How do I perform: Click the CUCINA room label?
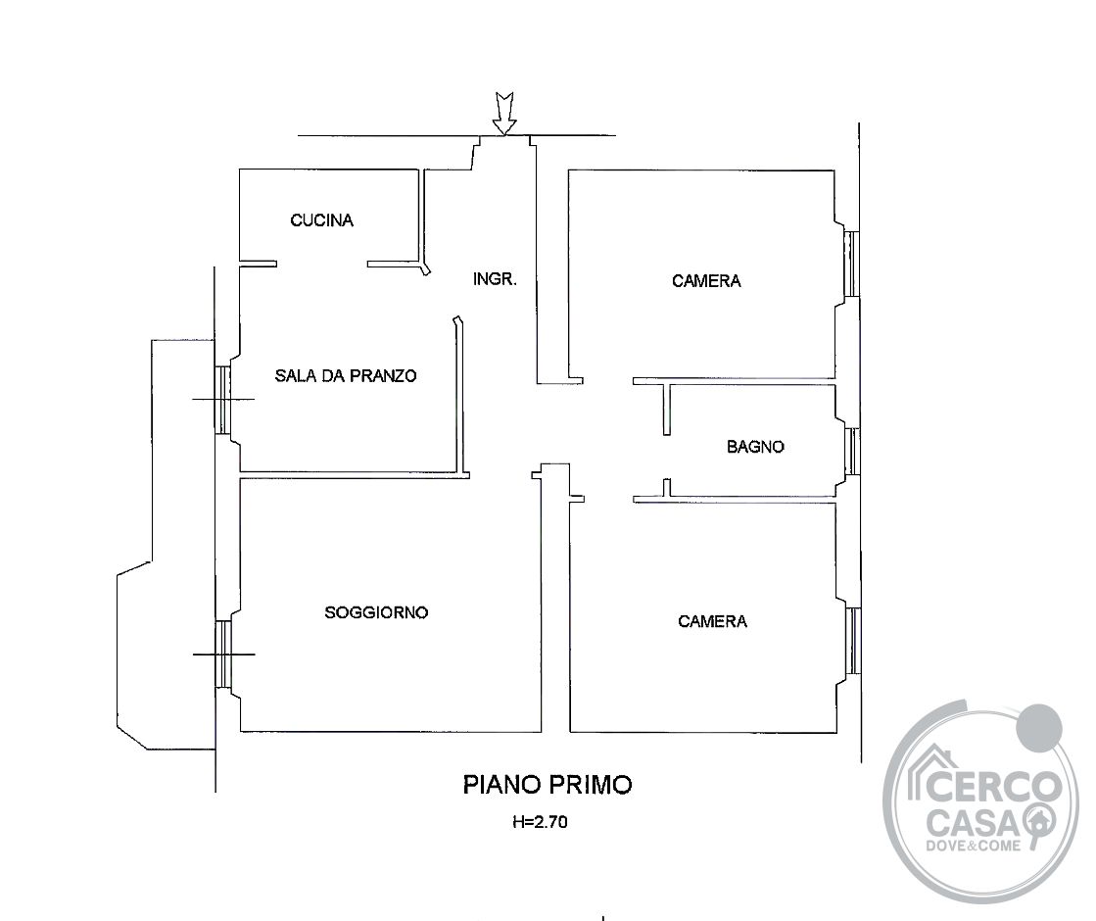click(321, 220)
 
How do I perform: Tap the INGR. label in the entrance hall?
click(495, 279)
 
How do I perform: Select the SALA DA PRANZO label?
click(346, 375)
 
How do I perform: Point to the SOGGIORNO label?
click(376, 612)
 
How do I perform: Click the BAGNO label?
click(755, 446)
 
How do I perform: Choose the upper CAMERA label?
click(706, 281)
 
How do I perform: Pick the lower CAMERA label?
click(712, 621)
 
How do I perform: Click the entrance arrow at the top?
click(504, 113)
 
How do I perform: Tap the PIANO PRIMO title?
click(548, 785)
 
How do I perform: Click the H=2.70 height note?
click(540, 822)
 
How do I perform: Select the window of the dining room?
click(222, 400)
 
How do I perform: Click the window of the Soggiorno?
click(223, 654)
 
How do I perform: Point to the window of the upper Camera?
click(851, 264)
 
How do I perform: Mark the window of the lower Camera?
click(853, 642)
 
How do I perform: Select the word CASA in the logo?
click(974, 822)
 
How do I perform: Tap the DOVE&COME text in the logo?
click(973, 846)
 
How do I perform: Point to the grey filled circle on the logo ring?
click(1039, 727)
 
